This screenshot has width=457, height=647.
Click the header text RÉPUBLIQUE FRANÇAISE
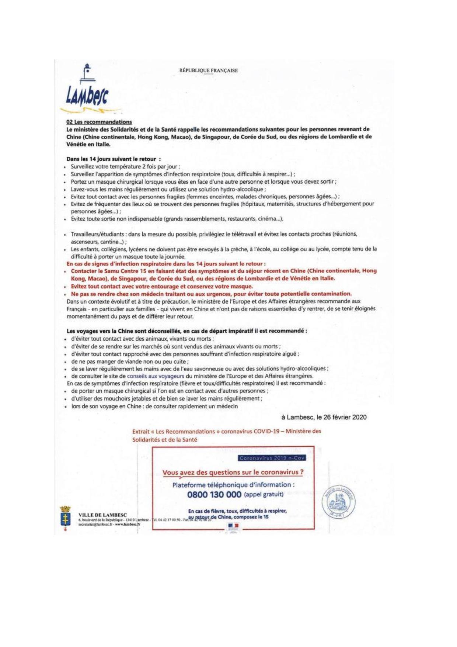click(x=208, y=70)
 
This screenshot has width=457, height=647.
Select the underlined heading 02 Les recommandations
click(x=99, y=122)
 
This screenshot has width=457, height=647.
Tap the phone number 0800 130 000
click(x=214, y=495)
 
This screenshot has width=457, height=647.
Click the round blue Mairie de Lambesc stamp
click(x=338, y=504)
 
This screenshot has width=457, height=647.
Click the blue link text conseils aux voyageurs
click(x=156, y=376)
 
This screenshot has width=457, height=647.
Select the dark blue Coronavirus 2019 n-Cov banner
click(x=272, y=458)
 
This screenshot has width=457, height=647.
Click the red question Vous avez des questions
click(x=233, y=472)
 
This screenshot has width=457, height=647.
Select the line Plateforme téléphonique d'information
click(x=233, y=485)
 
